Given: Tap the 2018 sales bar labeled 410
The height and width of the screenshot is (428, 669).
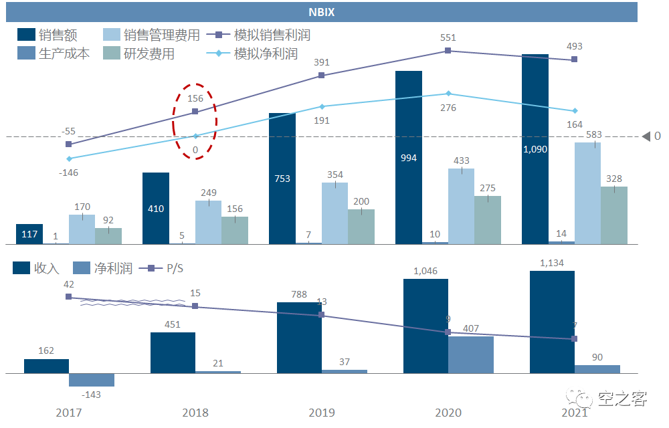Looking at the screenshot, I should tap(155, 208).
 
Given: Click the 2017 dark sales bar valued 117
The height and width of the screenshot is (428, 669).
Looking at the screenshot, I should tap(29, 234).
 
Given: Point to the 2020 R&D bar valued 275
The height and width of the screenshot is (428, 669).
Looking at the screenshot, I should tap(488, 219).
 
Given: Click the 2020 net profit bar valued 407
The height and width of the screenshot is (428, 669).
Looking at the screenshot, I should tap(471, 354).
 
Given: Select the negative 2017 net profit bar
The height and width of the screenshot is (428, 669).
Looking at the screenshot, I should tap(92, 379).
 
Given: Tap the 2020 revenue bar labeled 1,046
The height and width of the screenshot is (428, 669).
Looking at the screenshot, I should tap(425, 326).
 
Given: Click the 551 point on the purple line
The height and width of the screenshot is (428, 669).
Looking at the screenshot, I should tap(448, 50).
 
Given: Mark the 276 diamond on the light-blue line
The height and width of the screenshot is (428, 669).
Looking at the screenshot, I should tap(448, 94).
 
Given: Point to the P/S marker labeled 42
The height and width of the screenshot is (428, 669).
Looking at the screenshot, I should tap(68, 297).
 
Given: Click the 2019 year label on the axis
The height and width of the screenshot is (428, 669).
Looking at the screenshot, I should tap(322, 413).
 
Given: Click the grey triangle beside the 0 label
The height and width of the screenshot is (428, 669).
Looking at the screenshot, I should tap(646, 136).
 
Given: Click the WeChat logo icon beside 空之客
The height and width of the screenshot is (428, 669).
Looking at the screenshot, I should tap(581, 399).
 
